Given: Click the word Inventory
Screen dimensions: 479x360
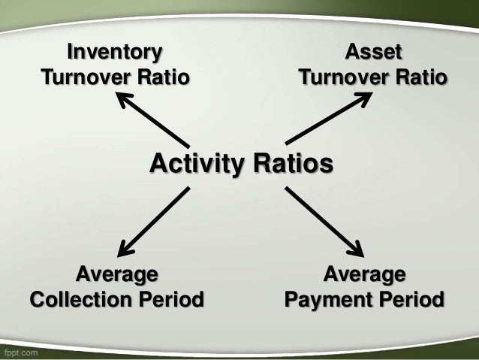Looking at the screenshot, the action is (x=115, y=53).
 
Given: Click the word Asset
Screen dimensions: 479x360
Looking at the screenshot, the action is (x=373, y=53).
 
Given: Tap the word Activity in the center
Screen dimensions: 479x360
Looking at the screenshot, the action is (x=197, y=163).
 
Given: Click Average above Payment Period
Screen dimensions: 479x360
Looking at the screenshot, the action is (x=364, y=274).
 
